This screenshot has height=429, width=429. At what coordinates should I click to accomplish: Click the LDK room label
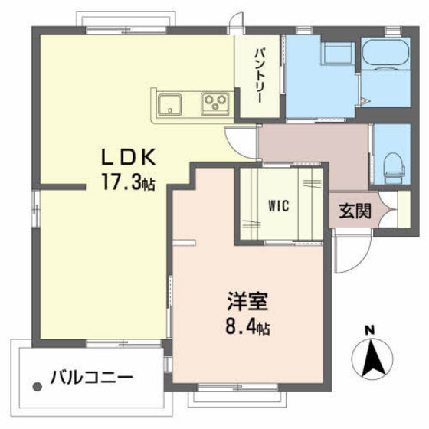click(129, 156)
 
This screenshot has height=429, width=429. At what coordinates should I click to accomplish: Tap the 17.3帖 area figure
click(129, 181)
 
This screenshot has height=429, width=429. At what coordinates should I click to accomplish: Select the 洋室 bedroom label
click(247, 301)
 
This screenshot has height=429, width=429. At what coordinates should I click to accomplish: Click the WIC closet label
click(279, 206)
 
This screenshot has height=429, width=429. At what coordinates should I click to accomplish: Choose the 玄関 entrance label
click(355, 211)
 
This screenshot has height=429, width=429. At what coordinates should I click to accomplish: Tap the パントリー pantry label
click(260, 76)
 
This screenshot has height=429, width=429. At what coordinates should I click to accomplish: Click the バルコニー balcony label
click(92, 378)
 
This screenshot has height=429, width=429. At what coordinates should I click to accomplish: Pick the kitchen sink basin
click(169, 104)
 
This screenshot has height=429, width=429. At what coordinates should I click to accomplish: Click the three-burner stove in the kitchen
click(215, 104)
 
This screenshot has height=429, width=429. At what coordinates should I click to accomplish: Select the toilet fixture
click(395, 168)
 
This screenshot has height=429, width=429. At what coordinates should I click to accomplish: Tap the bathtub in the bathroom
click(385, 54)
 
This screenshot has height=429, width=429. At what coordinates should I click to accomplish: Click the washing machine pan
click(338, 54)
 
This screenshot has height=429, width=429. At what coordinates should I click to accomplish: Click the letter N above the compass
click(370, 330)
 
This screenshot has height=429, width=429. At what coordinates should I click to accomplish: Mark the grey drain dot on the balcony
click(38, 387)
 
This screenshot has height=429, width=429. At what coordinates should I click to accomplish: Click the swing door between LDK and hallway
click(241, 142)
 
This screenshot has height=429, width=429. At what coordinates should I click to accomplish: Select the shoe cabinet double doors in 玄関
click(388, 210)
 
